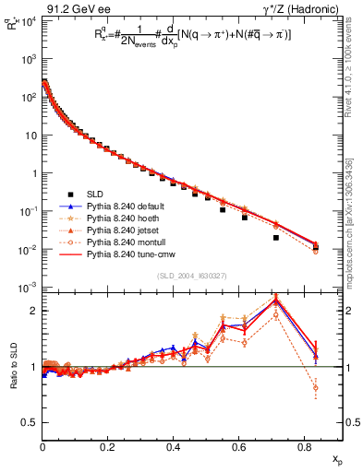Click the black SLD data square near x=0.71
click(x=276, y=238)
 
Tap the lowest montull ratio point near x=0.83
click(x=316, y=388)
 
